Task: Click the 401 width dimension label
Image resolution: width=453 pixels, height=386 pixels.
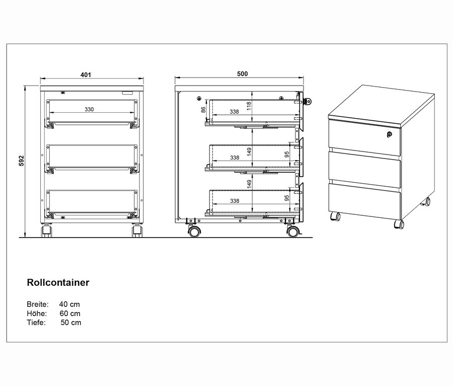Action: (x=86, y=74)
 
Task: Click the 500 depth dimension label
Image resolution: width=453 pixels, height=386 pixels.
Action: (x=243, y=73)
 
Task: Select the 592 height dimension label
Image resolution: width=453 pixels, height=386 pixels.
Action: (x=22, y=161)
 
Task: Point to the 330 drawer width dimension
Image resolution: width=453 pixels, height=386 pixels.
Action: (x=89, y=109)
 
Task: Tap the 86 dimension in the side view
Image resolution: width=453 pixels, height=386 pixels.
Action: (x=203, y=110)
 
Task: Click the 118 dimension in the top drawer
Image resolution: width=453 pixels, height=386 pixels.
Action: (x=249, y=106)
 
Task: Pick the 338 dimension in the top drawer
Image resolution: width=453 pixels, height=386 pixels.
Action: (x=234, y=112)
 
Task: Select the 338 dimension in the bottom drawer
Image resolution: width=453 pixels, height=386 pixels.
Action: (x=235, y=200)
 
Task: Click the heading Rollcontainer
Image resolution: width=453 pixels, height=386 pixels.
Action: (x=58, y=282)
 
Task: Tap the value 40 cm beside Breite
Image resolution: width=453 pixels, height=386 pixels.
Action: (x=69, y=304)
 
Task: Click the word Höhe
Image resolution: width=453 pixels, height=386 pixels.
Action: (x=37, y=314)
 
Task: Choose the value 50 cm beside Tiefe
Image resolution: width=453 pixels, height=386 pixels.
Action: (x=71, y=323)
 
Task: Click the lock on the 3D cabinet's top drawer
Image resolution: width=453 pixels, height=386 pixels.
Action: (x=390, y=134)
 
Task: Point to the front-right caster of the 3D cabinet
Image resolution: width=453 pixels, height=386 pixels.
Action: (x=399, y=224)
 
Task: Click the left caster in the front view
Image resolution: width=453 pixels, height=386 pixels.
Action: (x=47, y=230)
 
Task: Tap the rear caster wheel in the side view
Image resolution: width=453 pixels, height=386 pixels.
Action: (x=194, y=231)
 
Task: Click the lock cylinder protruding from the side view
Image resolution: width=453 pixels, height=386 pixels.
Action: (x=308, y=101)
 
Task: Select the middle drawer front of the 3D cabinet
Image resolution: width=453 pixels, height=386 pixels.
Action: (x=364, y=168)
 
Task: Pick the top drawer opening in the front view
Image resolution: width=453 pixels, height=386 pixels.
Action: (x=92, y=111)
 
